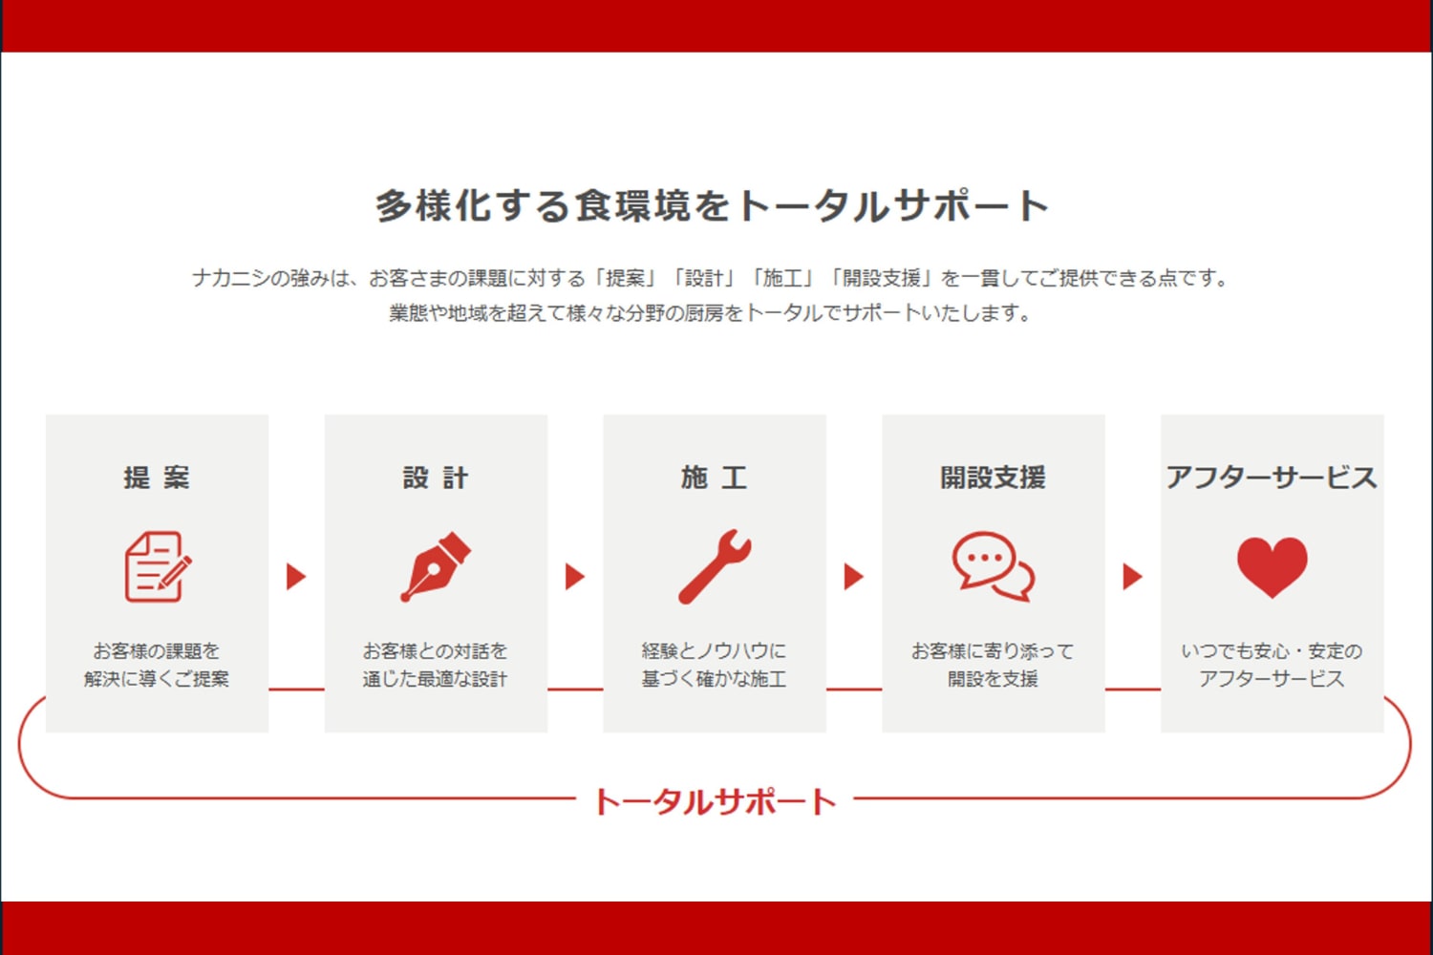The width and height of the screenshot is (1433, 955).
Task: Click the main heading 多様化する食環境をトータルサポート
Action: point(712,206)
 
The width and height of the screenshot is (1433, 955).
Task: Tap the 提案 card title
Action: point(157,477)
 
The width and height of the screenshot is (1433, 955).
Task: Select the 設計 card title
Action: point(436,477)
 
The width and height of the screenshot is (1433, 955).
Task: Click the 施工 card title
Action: point(714,477)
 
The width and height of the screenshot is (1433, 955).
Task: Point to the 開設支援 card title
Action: point(993,477)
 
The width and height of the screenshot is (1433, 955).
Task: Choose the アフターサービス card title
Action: point(1272,477)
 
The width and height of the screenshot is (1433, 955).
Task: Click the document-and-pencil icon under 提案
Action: point(158,566)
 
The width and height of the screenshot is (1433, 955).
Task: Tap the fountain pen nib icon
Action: point(436,566)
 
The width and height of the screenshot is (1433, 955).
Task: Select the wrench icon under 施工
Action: point(715,566)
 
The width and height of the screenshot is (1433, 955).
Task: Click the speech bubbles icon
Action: point(993,566)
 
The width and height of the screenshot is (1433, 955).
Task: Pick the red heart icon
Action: point(1272,567)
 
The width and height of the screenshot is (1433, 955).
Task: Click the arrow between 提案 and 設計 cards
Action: point(295,576)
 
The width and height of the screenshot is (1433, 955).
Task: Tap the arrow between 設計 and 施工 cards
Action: point(574,576)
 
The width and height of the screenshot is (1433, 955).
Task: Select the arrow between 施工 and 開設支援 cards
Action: point(853,576)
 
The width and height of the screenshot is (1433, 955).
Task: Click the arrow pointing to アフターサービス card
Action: point(1132,576)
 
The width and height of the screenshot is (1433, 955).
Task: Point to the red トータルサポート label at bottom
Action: point(715,801)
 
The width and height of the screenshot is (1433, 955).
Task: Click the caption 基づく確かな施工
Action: point(714,679)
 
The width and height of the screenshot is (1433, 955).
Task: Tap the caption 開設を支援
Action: point(993,679)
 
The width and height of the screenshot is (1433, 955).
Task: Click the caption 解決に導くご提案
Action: point(157,679)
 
